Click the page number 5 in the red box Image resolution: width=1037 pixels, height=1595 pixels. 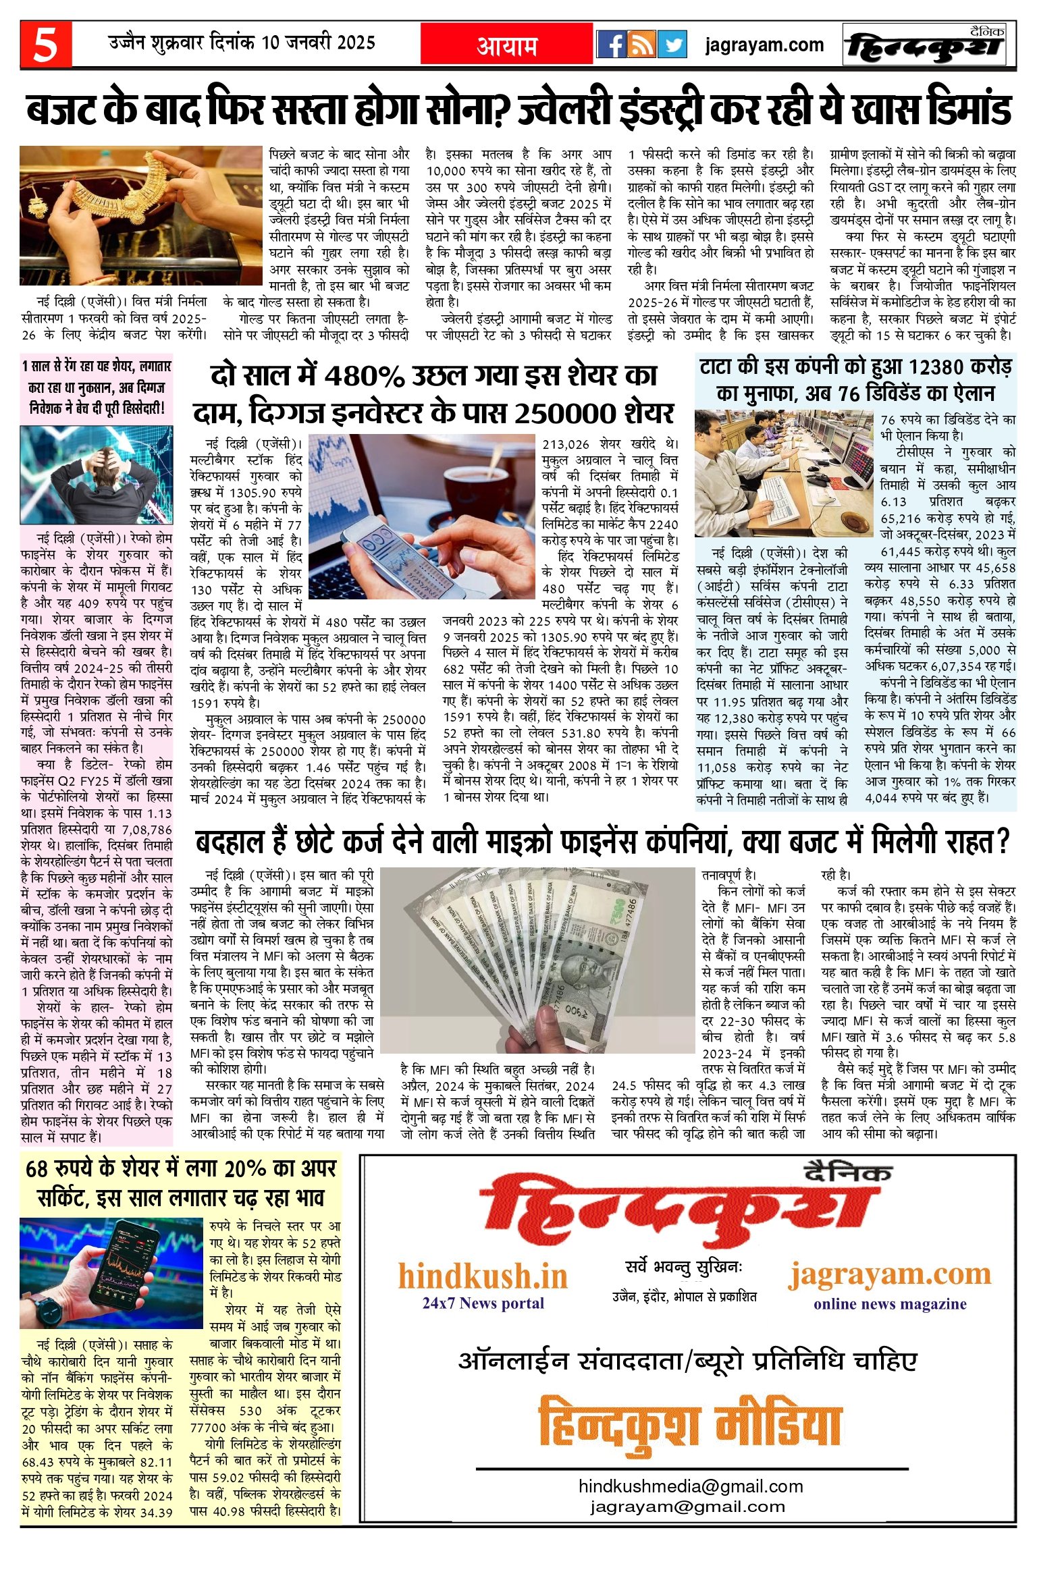45,45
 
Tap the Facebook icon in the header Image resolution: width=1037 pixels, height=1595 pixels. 611,45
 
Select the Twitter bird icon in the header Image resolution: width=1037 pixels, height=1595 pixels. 672,45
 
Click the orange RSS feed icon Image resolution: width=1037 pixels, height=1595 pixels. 641,45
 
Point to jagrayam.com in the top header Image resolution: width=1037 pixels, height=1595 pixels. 764,45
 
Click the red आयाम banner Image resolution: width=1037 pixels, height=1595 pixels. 506,45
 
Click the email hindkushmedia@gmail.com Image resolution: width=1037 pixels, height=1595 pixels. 690,1486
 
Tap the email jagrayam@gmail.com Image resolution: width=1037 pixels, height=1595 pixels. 687,1507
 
